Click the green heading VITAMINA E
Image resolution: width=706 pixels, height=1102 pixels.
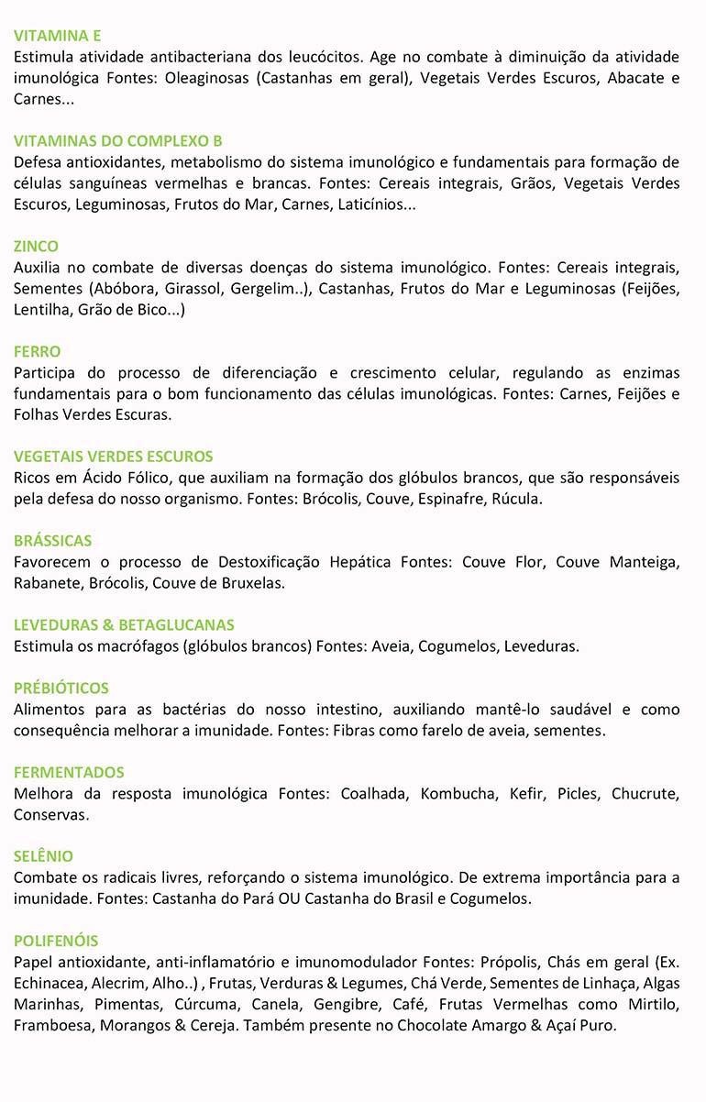click(x=57, y=36)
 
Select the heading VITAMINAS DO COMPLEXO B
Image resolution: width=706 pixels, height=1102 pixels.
click(x=118, y=141)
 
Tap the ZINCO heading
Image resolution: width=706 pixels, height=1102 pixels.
click(x=36, y=246)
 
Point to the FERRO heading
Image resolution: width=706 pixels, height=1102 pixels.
click(x=37, y=351)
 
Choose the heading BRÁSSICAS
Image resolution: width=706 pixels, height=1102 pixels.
click(x=52, y=540)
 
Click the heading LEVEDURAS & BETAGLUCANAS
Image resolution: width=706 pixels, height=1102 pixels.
click(x=124, y=624)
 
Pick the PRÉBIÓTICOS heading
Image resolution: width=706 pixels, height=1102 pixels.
click(x=61, y=688)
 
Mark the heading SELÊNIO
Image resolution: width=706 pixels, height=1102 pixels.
click(x=43, y=856)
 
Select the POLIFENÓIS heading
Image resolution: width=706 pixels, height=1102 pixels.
click(x=56, y=941)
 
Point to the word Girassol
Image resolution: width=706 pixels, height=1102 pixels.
click(x=193, y=289)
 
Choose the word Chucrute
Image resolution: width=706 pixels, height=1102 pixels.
click(x=645, y=793)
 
